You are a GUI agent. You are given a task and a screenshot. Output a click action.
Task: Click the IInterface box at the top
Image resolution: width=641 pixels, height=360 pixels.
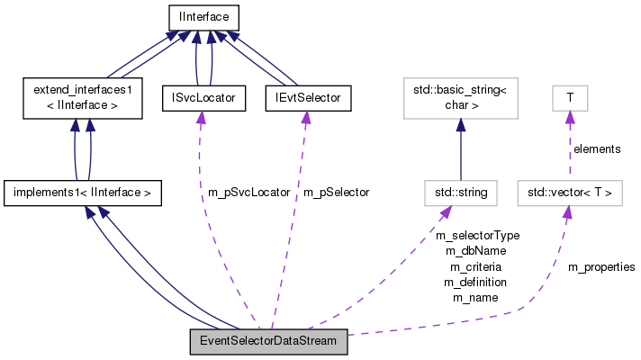coord(203,15)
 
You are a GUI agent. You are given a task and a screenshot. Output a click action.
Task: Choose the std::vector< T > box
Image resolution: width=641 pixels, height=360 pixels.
coord(569,192)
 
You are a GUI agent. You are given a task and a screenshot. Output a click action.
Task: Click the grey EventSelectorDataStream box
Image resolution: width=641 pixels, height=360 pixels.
coord(268,342)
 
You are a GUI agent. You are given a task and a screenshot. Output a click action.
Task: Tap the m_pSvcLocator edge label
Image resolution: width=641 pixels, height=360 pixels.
coord(248,192)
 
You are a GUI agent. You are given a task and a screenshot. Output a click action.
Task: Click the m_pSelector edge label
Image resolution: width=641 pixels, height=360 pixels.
coord(336,192)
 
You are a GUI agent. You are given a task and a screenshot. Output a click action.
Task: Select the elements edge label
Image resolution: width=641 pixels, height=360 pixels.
coord(597,148)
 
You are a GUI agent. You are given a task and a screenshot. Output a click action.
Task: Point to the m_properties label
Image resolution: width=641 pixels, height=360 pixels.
coord(601,267)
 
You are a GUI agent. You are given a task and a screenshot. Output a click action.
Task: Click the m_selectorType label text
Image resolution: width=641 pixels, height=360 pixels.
coord(477,236)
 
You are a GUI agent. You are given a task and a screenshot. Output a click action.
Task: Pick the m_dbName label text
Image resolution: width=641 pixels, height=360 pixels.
coord(477,251)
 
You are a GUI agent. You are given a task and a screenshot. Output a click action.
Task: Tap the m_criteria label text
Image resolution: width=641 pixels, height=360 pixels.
coord(475,266)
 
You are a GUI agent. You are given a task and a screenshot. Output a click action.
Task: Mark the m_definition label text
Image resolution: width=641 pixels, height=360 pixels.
coord(475,282)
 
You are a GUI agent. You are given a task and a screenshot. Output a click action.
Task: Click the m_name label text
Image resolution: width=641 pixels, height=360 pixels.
coord(475,297)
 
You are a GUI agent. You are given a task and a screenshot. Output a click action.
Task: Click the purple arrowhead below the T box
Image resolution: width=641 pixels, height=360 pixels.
coord(569,117)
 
